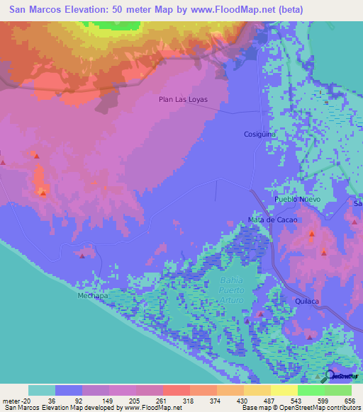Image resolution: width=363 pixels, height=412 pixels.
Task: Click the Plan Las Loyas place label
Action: coord(183,100)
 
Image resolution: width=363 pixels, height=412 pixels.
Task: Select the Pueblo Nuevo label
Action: coord(298,200)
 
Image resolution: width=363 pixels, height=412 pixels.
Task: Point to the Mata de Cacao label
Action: coord(272,219)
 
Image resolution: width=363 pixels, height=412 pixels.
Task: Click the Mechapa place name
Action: coord(92,296)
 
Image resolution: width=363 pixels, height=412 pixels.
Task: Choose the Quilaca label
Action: coord(308,301)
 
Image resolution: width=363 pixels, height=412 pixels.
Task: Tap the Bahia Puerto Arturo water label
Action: coord(231,291)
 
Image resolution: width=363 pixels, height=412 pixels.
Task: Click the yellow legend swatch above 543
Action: coord(284,390)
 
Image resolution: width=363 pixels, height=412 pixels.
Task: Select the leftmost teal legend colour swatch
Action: coord(42,390)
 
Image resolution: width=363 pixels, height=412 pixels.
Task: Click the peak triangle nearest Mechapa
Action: coord(83,256)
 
